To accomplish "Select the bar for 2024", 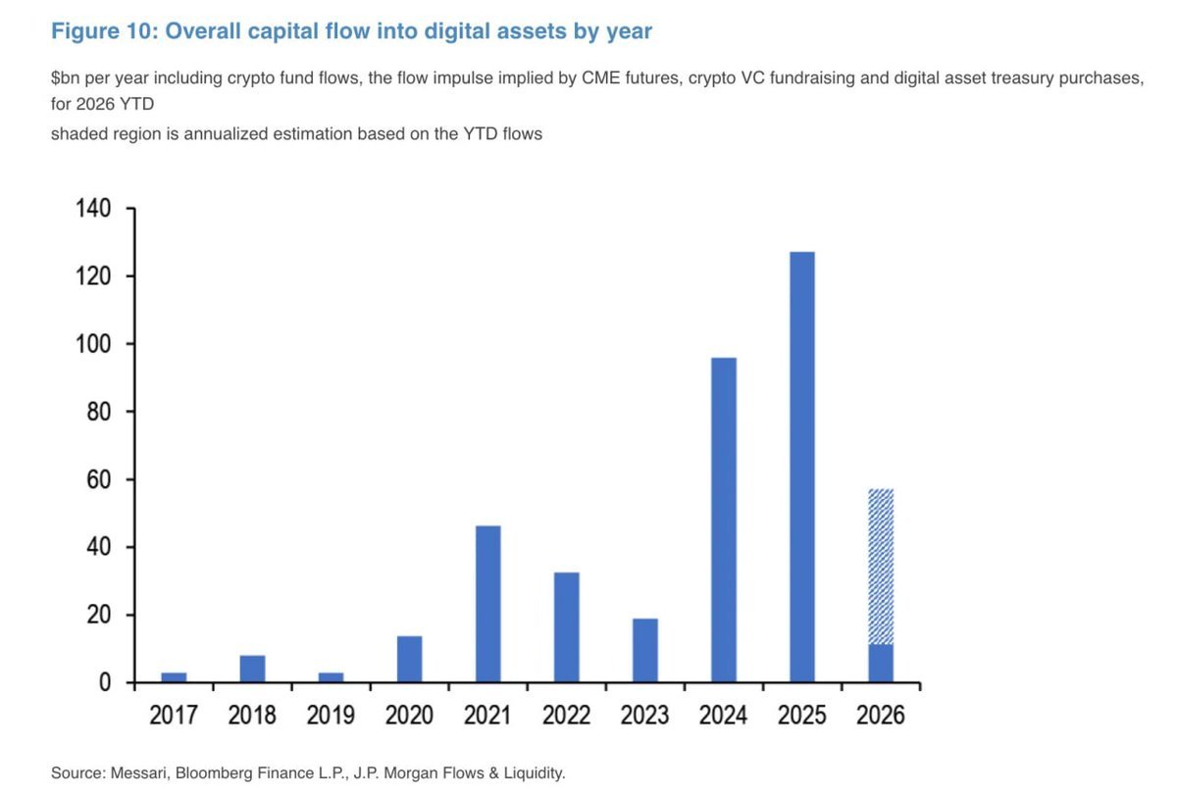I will tap(723, 520).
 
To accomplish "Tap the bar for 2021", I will tap(487, 604).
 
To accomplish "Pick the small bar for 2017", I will tap(174, 676).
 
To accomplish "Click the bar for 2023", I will tap(644, 650).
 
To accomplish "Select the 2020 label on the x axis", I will tap(409, 714).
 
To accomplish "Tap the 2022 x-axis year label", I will tap(566, 714).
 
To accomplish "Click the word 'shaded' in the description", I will tap(77, 133).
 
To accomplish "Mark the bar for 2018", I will tap(252, 669).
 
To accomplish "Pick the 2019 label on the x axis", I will tap(331, 714).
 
